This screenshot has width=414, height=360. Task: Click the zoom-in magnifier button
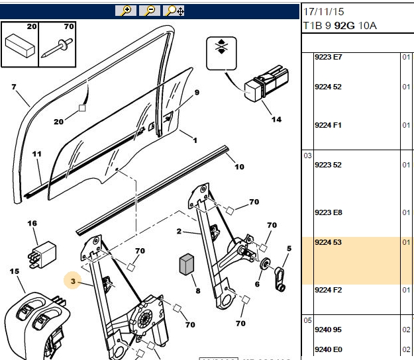[x=126, y=11]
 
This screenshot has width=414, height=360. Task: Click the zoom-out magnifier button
[x=150, y=11]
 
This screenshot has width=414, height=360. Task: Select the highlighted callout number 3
[x=73, y=281]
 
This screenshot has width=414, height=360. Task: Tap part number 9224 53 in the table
[x=328, y=242]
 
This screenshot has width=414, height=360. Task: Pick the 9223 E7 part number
[x=328, y=57]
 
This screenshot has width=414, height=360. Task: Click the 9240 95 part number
[x=328, y=330]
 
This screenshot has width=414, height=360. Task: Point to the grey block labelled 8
[x=186, y=264]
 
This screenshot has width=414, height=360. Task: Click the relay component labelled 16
[x=42, y=255]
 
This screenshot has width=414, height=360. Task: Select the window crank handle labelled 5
[x=280, y=279]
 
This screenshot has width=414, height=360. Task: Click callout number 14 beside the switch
[x=276, y=120]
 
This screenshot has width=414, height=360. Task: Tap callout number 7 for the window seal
[x=14, y=87]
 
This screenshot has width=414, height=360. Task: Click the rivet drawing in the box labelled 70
[x=56, y=48]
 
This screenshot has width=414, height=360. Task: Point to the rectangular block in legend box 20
[x=20, y=46]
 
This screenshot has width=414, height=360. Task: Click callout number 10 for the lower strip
[x=240, y=167]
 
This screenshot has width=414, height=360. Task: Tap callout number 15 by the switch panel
[x=15, y=271]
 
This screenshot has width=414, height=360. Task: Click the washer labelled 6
[x=265, y=264]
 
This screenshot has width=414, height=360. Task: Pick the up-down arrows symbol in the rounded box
[x=221, y=47]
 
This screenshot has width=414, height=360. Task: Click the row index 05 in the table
[x=307, y=320]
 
